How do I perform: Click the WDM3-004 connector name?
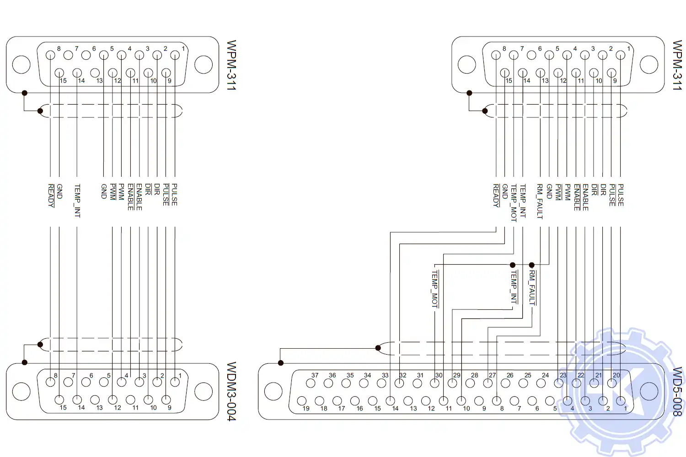tap(231, 391)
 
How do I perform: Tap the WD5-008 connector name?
tap(677, 391)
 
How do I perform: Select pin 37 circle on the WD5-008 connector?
tap(311, 383)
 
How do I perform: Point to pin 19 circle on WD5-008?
tap(301, 401)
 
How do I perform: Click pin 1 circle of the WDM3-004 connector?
tap(175, 382)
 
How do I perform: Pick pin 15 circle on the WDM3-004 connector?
tap(59, 400)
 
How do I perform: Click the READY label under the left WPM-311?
tap(51, 195)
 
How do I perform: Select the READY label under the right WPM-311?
tap(496, 195)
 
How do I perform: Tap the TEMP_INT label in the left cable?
tap(77, 201)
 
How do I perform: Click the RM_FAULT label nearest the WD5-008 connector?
tap(532, 287)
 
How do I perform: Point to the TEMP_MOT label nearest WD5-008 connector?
tap(435, 288)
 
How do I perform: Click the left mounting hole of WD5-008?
tap(273, 391)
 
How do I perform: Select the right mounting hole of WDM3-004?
tap(204, 391)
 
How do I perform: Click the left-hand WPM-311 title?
tap(231, 65)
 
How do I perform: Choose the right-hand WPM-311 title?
tap(677, 65)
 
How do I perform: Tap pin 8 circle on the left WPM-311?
tap(50, 55)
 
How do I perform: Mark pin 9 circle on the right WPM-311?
tap(611, 73)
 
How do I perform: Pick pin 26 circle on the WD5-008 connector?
tap(505, 383)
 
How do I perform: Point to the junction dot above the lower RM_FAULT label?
tap(531, 265)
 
